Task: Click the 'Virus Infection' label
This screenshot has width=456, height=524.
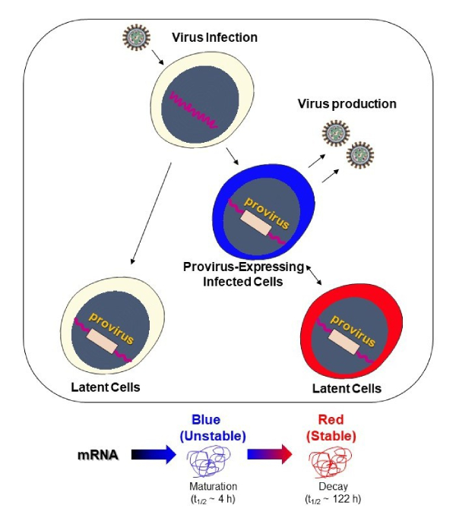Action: coord(215,37)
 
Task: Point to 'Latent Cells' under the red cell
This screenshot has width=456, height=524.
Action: coord(347,389)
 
